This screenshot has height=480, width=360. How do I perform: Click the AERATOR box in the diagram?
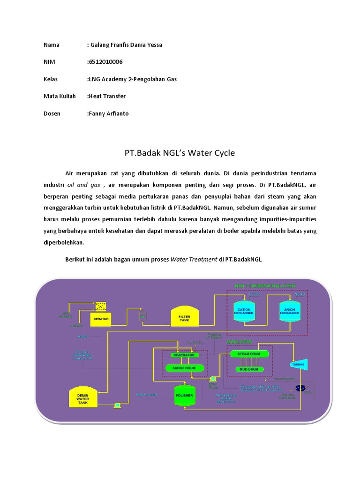[101, 319]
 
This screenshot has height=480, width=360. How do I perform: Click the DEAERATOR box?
[184, 355]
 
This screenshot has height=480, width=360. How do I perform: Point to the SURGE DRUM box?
[184, 367]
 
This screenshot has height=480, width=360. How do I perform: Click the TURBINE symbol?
[298, 364]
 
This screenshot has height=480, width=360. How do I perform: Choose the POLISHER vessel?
[184, 395]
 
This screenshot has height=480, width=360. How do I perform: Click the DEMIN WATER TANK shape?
[82, 398]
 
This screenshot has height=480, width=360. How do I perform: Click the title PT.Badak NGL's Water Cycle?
[180, 153]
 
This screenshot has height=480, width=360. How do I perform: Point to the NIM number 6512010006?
[106, 62]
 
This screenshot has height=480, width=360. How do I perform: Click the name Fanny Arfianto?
[109, 113]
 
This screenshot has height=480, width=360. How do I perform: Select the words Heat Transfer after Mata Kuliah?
[107, 96]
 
